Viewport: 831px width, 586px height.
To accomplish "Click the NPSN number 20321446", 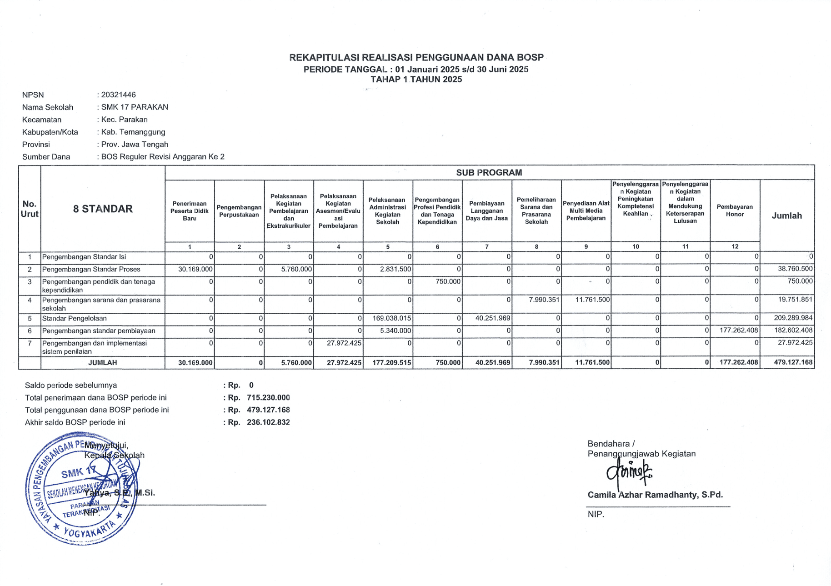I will point(119,95).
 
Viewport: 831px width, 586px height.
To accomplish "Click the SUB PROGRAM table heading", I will point(489,173).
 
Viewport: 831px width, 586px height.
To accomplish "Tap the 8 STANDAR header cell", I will point(103,209).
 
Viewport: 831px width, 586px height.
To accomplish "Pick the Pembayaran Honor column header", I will point(735,210).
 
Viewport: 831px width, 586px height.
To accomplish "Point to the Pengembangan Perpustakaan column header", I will point(239,211).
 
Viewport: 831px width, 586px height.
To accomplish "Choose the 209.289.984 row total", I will point(793,318).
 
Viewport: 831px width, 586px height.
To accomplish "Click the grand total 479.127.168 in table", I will point(793,363).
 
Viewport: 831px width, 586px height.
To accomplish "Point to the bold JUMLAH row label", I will point(103,363).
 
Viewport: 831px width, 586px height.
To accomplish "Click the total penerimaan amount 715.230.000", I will point(268,398).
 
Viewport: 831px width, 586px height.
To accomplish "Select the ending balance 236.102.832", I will point(268,422).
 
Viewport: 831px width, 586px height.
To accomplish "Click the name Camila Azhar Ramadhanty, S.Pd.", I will point(655,495).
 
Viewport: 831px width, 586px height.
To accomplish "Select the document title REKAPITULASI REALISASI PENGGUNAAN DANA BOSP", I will point(416,58).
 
